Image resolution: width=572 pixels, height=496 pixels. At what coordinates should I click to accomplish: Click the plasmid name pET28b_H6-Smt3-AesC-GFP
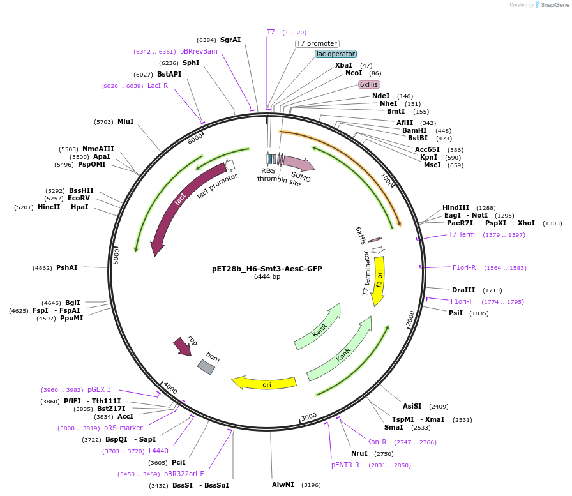(267, 269)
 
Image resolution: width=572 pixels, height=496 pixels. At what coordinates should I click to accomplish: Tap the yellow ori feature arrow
(264, 383)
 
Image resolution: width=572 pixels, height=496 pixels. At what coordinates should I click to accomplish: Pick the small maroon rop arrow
(182, 347)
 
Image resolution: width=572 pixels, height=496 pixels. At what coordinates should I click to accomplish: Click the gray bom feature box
(206, 367)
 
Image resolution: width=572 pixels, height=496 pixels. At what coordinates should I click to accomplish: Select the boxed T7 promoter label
(317, 43)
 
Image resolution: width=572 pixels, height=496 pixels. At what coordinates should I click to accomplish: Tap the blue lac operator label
(336, 54)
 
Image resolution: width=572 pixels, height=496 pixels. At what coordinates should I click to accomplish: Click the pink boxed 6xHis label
(369, 84)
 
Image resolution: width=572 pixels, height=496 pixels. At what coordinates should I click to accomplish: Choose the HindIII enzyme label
(456, 207)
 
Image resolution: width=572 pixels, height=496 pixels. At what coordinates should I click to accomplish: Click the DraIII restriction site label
(463, 290)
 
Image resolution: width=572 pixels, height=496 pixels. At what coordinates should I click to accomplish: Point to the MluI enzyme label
(126, 121)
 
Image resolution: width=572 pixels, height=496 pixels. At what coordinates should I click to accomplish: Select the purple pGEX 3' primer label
(100, 389)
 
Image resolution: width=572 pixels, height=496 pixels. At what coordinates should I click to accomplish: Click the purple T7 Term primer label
(462, 234)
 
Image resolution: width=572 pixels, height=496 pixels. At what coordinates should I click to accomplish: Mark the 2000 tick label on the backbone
(410, 317)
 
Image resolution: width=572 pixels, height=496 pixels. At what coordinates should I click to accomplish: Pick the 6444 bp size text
(267, 277)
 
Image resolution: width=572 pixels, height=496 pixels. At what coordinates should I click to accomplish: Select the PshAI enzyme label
(67, 267)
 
